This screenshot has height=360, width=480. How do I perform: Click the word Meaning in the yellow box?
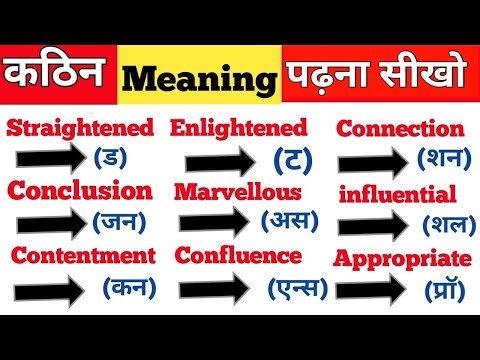[197, 79]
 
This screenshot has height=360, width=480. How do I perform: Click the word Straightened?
[81, 128]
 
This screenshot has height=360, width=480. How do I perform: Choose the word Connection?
[400, 129]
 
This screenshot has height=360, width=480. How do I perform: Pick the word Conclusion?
[80, 190]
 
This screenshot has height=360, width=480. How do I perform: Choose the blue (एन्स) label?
[299, 289]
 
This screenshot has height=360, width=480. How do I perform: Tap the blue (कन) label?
[129, 288]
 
